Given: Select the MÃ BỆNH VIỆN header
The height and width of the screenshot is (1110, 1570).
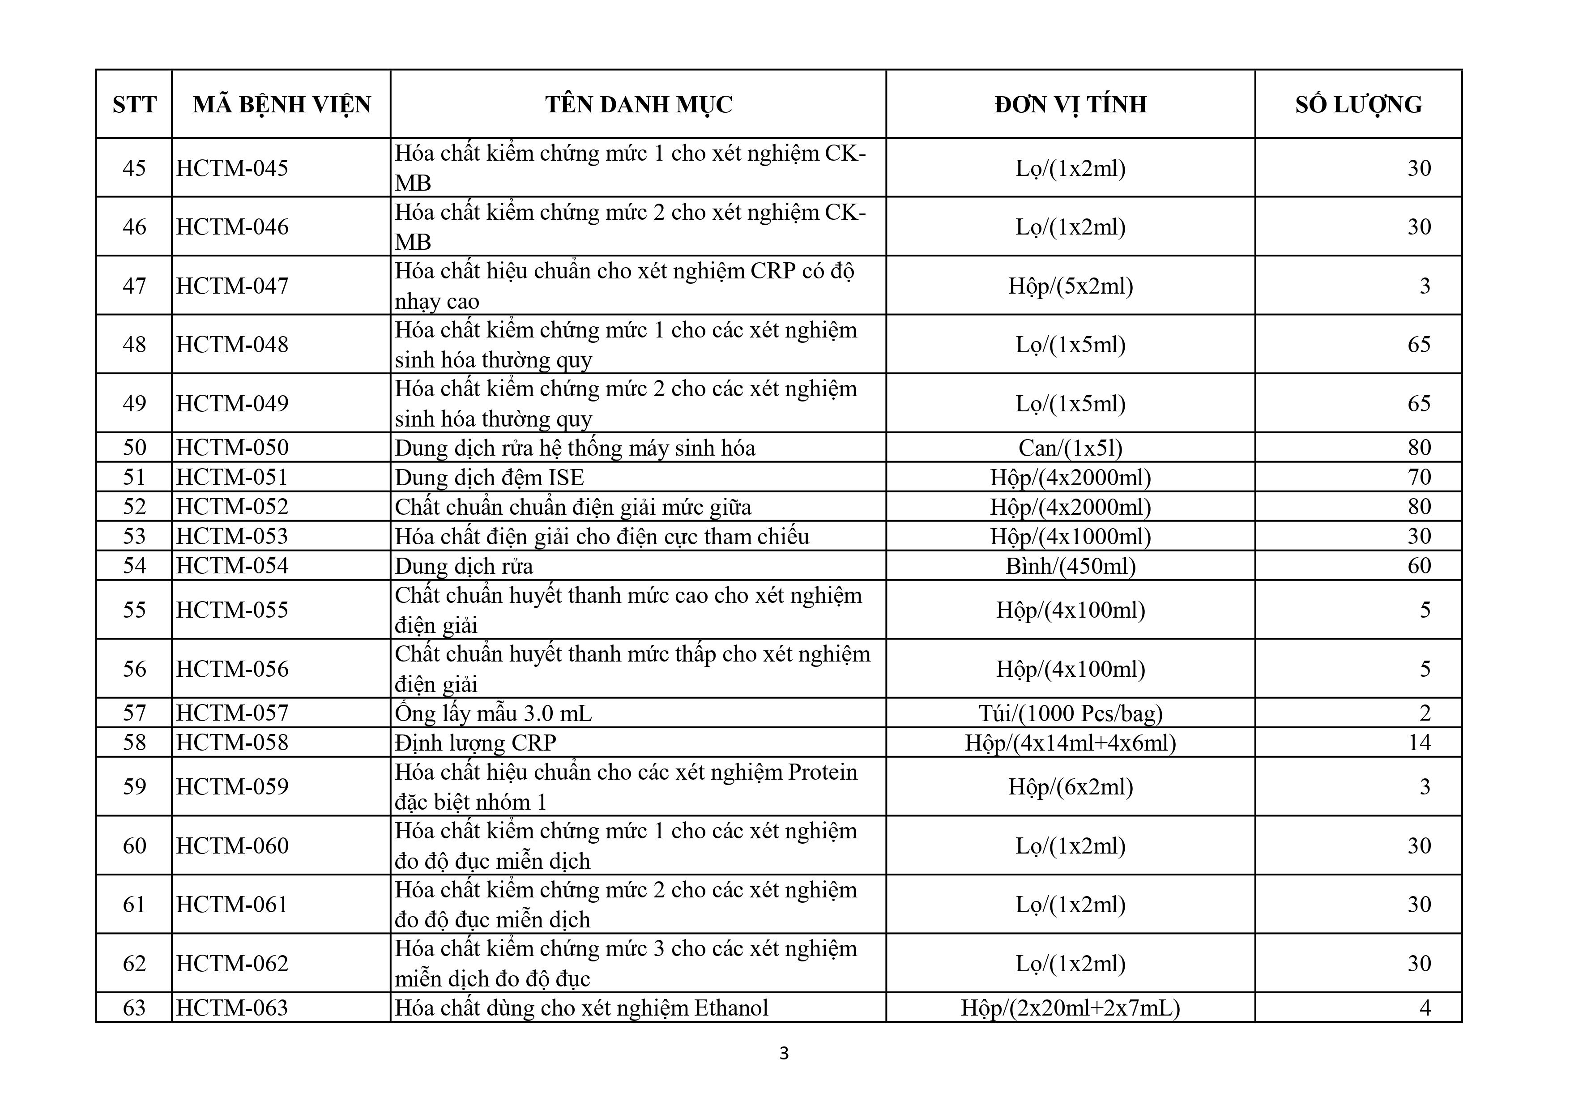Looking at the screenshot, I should point(282,105).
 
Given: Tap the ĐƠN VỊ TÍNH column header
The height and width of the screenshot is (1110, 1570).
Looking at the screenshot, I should point(1070,105).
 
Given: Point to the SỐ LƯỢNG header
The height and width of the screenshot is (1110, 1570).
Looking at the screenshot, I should point(1358,105).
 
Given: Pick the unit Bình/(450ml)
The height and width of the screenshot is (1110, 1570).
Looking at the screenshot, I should point(1070,566).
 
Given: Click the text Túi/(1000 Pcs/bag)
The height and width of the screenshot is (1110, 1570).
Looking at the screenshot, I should point(1070,713).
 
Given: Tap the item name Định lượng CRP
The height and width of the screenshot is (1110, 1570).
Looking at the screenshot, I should point(475,743).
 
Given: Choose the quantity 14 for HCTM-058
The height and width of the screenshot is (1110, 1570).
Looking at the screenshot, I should point(1419,743).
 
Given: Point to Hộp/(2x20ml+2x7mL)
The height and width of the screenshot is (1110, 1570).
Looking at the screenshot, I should point(1070,1008).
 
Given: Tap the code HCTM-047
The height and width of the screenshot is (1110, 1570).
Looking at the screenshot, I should point(232,286).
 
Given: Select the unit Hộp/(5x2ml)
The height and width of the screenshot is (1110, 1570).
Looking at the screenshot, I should point(1070,286).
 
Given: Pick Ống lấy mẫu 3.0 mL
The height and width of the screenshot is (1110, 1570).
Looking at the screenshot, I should point(493,713).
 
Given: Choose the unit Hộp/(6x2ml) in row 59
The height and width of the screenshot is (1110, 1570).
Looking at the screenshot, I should point(1070,786).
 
